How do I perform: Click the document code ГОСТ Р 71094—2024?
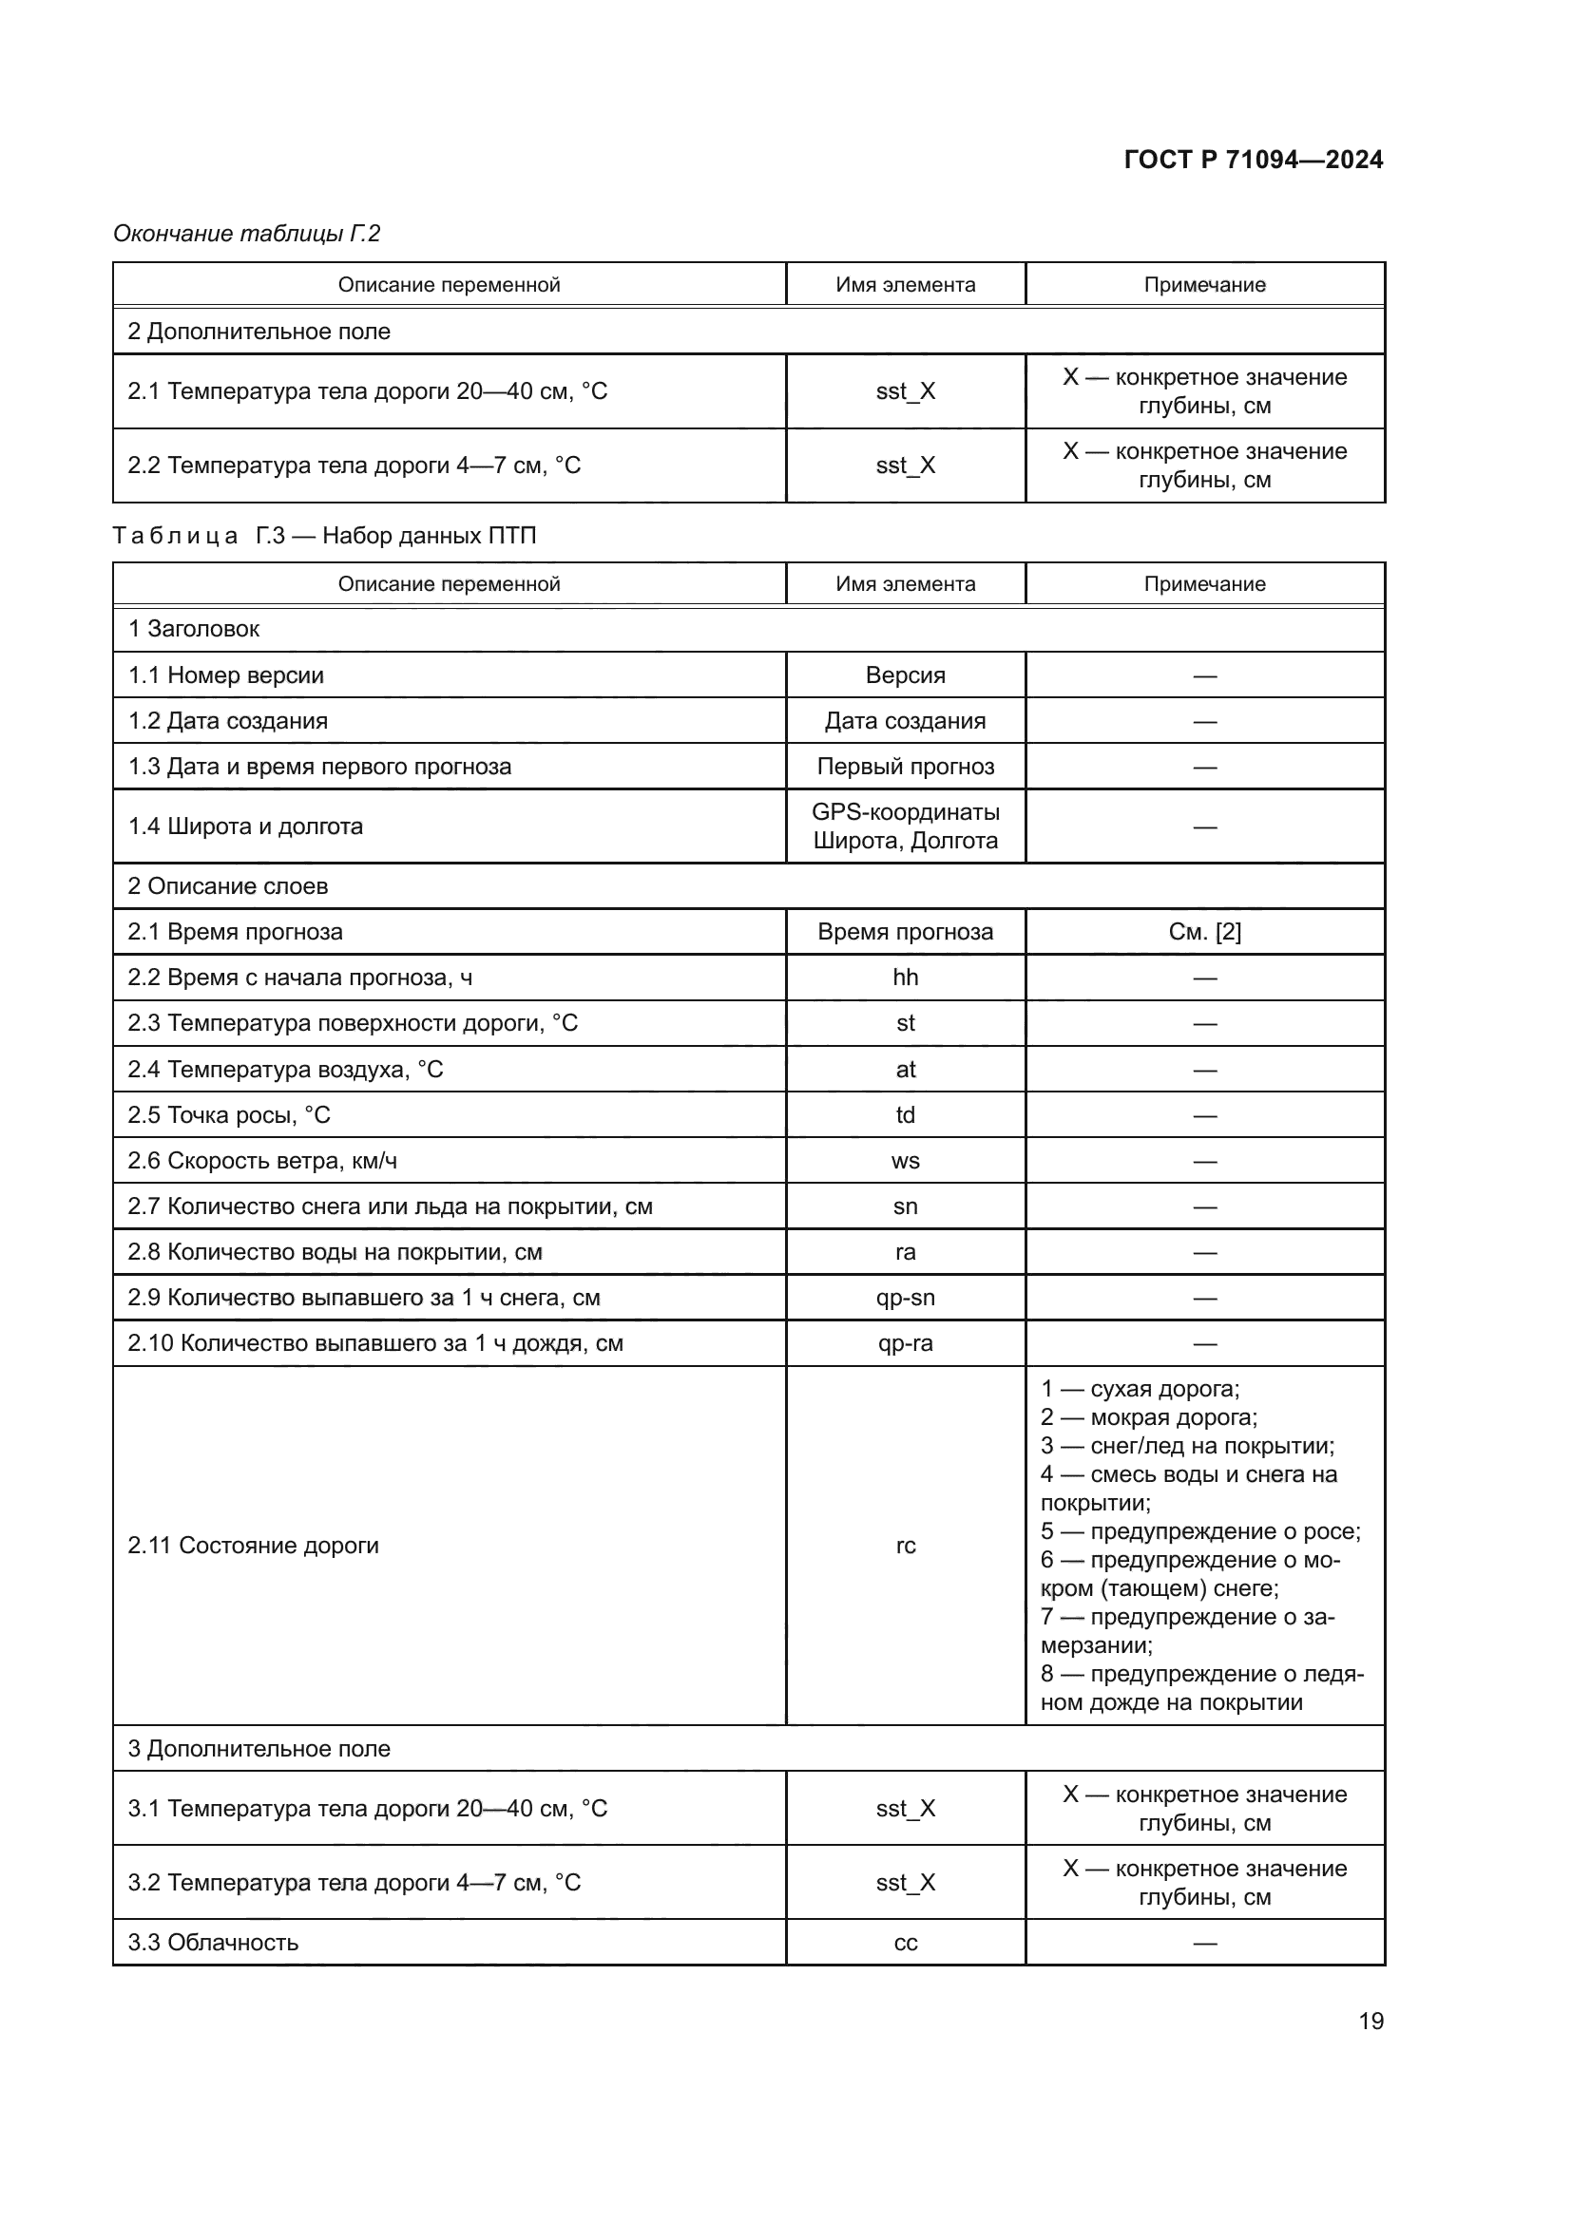pos(1253,160)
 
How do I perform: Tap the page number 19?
pos(1371,2021)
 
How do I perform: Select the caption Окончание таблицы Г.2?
pos(247,234)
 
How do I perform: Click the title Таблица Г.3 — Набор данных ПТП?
pos(324,535)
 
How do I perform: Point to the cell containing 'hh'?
pos(905,978)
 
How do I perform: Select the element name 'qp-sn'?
pos(905,1298)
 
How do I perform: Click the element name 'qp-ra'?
pos(905,1343)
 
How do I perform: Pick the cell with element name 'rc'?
pos(905,1546)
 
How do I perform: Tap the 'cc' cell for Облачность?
pos(905,1943)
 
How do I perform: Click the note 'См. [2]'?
pos(1204,932)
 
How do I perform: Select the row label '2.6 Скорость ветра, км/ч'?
pos(262,1160)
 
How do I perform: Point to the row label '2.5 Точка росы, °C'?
pos(229,1115)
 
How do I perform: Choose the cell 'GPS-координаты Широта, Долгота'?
pos(905,826)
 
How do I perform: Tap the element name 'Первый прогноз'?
pos(905,767)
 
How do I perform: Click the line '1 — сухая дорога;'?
pos(1140,1389)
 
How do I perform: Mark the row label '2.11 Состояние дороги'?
pos(254,1546)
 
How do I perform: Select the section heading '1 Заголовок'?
pos(194,629)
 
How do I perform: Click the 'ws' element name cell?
pos(905,1160)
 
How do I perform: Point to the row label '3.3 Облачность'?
pos(213,1943)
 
